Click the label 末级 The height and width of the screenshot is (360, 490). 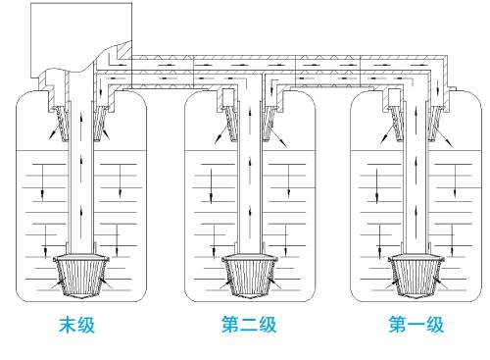(x=76, y=325)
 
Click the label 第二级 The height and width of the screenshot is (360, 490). (x=249, y=325)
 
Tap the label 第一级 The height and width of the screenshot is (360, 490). (x=416, y=325)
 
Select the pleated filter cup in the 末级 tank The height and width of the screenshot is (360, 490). (x=81, y=277)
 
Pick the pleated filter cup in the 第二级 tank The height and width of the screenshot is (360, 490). (x=250, y=277)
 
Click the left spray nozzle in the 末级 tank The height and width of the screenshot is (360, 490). (x=62, y=124)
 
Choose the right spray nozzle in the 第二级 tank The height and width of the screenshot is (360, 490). (x=268, y=124)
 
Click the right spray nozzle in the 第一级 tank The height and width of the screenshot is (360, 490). (x=434, y=124)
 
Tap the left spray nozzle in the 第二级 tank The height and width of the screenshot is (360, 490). (x=231, y=124)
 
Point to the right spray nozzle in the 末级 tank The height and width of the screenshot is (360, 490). (x=100, y=124)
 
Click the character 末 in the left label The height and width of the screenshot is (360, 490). (x=68, y=325)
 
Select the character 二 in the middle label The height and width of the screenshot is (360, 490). (x=249, y=325)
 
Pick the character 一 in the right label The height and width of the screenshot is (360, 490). (x=416, y=325)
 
